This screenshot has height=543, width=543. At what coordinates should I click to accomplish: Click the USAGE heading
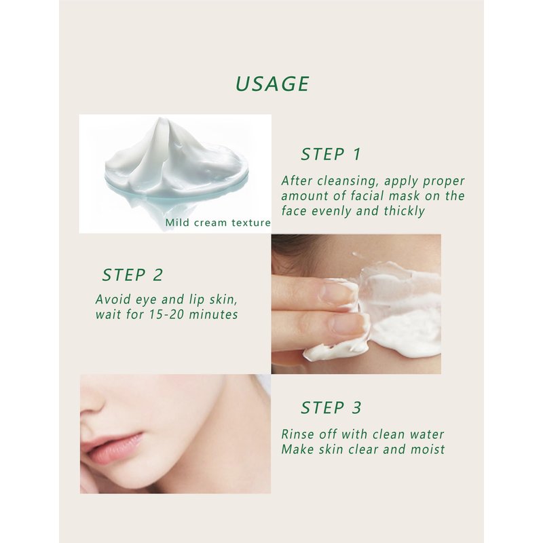(272, 83)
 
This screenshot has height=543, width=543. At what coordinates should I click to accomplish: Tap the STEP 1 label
(331, 154)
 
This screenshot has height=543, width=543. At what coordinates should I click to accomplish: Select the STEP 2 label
(132, 275)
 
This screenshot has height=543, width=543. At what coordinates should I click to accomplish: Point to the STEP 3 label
(331, 407)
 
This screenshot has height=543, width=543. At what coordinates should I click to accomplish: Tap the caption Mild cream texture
(218, 223)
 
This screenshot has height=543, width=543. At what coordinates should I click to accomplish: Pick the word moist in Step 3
(428, 449)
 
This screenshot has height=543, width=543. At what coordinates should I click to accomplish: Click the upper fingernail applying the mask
(338, 292)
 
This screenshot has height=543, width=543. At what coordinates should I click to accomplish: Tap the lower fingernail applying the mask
(348, 324)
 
